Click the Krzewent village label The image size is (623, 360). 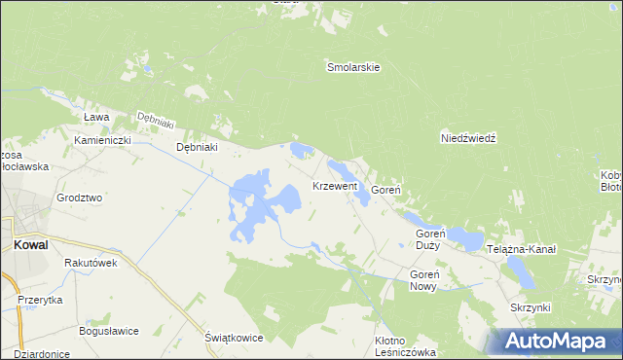pyautogui.click(x=335, y=186)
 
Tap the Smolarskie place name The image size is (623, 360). pyautogui.click(x=352, y=68)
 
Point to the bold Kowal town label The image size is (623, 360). pyautogui.click(x=31, y=245)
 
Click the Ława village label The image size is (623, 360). pyautogui.click(x=95, y=117)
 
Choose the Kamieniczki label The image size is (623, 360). pyautogui.click(x=102, y=140)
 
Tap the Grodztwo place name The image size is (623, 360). pyautogui.click(x=80, y=198)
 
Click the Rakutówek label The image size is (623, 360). pyautogui.click(x=91, y=263)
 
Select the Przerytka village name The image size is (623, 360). pyautogui.click(x=40, y=300)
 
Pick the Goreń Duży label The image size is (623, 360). pyautogui.click(x=429, y=239)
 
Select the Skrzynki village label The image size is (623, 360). pyautogui.click(x=530, y=307)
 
